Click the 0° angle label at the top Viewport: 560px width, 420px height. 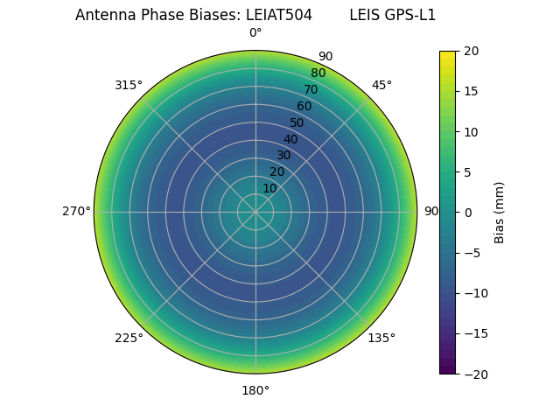point(255,33)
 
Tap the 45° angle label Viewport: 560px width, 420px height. point(381,85)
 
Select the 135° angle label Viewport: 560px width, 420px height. point(381,338)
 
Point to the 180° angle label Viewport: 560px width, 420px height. point(255,390)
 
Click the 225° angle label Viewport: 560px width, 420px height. point(129,338)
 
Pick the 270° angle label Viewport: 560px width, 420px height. point(76,211)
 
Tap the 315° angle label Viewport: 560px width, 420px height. point(129,85)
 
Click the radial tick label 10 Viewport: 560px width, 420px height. point(270,188)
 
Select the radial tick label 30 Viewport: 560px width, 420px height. point(283,155)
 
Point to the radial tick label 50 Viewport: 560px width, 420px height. point(297,122)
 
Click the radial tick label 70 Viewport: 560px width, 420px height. point(311,89)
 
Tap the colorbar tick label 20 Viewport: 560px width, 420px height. point(471,52)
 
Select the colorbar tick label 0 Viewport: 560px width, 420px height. point(467,213)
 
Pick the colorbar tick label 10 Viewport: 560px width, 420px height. point(471,132)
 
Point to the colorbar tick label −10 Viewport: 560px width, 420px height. point(474,293)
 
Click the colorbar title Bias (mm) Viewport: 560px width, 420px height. point(500,213)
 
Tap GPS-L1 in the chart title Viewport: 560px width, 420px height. point(410,15)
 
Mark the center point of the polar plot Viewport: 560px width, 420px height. point(255,212)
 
